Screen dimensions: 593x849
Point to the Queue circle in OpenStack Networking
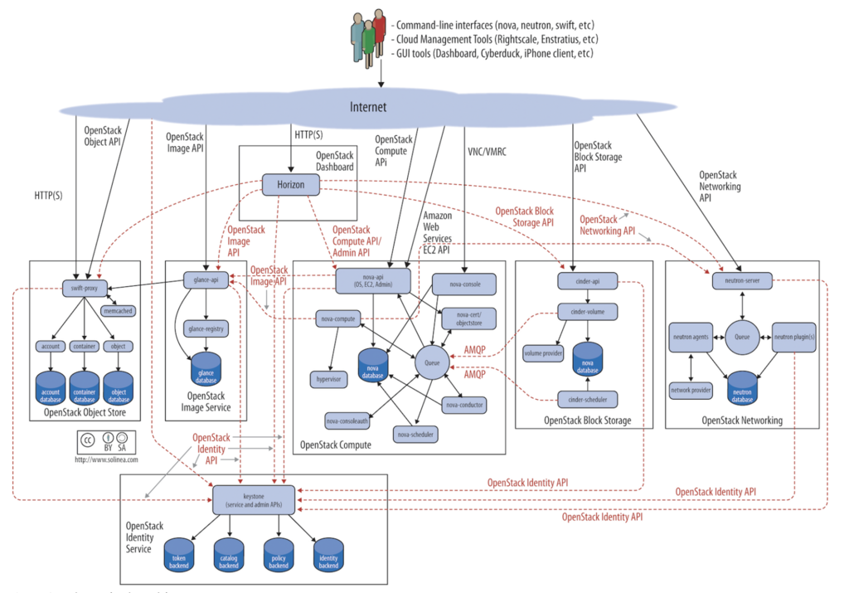pyautogui.click(x=741, y=336)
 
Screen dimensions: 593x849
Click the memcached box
pyautogui.click(x=117, y=310)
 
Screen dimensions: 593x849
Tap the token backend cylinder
pyautogui.click(x=179, y=554)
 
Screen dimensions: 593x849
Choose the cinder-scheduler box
pyautogui.click(x=587, y=399)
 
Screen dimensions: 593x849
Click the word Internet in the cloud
pyautogui.click(x=367, y=108)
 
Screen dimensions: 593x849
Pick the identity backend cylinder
pyautogui.click(x=327, y=554)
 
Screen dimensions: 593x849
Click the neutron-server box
pyautogui.click(x=742, y=282)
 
